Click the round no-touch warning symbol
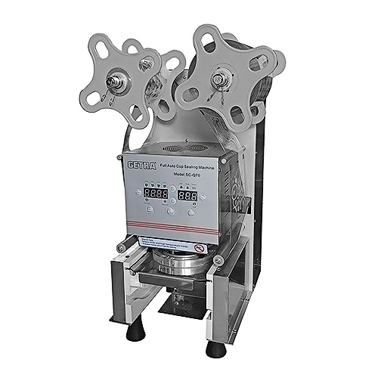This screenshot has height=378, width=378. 198,247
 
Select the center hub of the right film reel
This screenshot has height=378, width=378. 219,77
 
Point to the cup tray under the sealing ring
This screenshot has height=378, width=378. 170,283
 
